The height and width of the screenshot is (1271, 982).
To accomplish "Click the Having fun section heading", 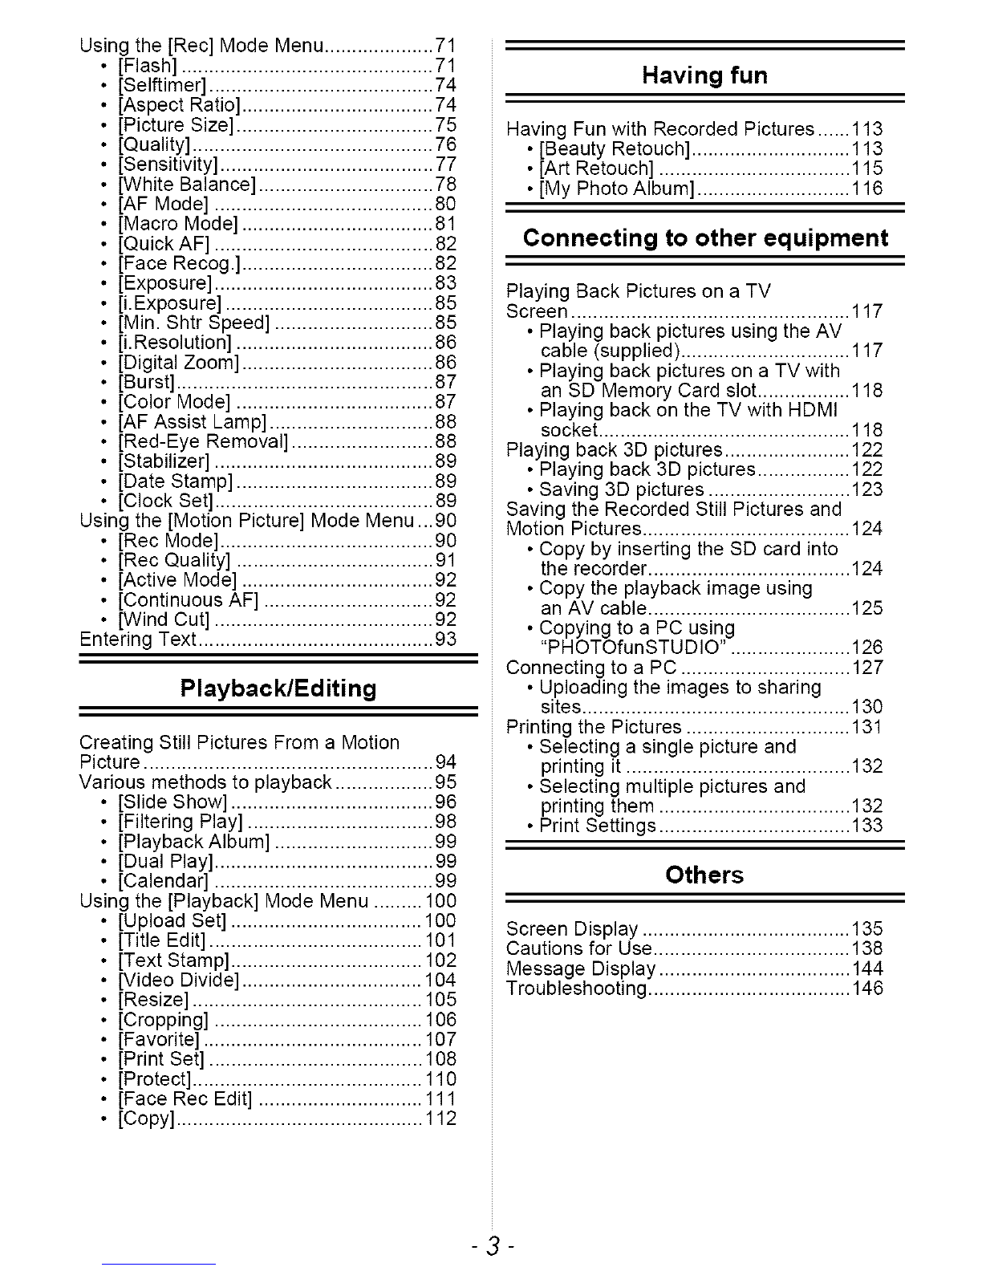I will [x=704, y=75].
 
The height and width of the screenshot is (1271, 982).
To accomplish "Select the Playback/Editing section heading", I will [x=278, y=688].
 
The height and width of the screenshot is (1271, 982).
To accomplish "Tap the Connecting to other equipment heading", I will [x=705, y=238].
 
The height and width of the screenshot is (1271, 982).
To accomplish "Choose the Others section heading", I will [x=704, y=875].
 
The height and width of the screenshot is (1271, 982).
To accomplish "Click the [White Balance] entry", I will [x=186, y=185].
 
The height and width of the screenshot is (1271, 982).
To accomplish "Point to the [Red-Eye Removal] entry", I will [x=203, y=441].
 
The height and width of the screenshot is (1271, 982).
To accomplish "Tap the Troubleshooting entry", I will [x=577, y=989].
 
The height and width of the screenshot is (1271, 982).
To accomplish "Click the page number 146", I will [x=867, y=989].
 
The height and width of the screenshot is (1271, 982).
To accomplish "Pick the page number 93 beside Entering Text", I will [x=445, y=640].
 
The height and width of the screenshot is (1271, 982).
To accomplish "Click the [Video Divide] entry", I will [x=178, y=981].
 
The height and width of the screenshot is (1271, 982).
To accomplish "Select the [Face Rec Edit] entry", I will [x=185, y=1099].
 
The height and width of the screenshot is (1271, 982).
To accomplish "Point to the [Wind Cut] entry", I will [x=164, y=619].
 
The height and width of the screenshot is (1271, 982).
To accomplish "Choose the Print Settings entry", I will [x=598, y=826].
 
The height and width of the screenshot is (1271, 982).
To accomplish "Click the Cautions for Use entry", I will [x=579, y=948].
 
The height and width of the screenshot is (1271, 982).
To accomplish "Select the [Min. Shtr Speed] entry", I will [x=193, y=323].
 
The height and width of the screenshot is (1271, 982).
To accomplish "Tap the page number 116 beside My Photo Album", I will [x=867, y=189].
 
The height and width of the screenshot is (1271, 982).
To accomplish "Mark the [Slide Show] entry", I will [x=173, y=802].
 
